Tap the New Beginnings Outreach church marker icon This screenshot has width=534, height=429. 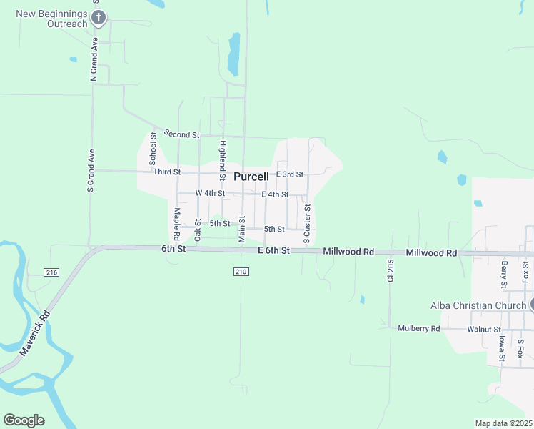(99, 18)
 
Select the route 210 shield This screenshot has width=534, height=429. (241, 271)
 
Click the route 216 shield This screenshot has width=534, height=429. (51, 272)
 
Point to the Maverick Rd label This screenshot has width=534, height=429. (35, 335)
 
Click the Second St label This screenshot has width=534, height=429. (181, 134)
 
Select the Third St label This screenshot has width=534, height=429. (166, 172)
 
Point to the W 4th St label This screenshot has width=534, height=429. (210, 193)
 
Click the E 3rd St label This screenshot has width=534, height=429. (290, 174)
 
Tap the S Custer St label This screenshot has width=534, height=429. (307, 224)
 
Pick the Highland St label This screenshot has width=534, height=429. (223, 160)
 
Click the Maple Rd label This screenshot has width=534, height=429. (176, 224)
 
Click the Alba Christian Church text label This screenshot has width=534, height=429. (478, 305)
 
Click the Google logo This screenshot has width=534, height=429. (24, 420)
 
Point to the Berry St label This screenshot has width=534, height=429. (504, 275)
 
